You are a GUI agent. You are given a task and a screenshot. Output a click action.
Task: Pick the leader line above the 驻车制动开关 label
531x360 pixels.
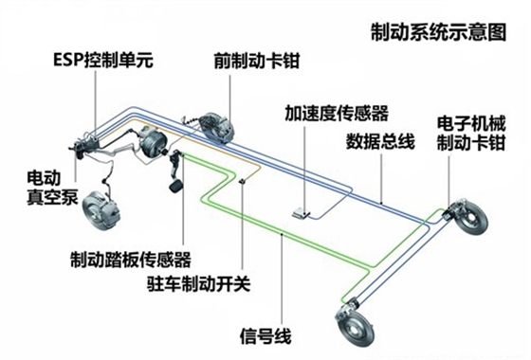(245, 227)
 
